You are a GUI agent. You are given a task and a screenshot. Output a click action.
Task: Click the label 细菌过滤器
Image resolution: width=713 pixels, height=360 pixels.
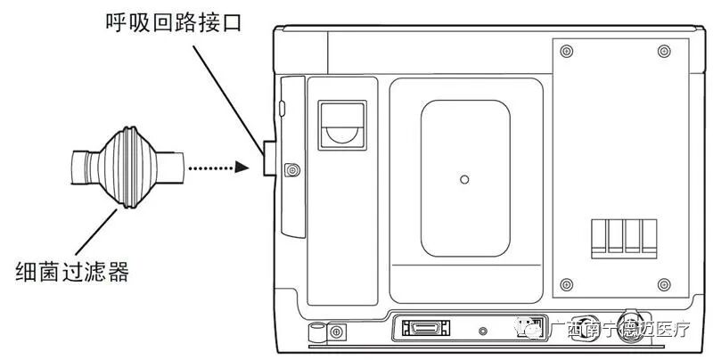point(73,270)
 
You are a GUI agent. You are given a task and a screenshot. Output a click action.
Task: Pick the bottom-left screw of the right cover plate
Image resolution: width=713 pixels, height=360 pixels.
point(565,284)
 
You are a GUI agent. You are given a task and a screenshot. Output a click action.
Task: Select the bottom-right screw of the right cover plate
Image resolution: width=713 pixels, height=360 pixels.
point(664,284)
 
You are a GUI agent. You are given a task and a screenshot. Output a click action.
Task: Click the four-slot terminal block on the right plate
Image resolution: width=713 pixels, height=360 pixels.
point(624,238)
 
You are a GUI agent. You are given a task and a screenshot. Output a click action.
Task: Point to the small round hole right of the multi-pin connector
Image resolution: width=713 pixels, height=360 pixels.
point(483,331)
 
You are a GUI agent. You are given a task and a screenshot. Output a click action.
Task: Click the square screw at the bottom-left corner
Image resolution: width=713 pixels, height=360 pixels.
point(337,332)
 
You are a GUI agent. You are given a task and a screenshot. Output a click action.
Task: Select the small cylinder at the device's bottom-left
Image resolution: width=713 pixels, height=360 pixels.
point(314,331)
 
